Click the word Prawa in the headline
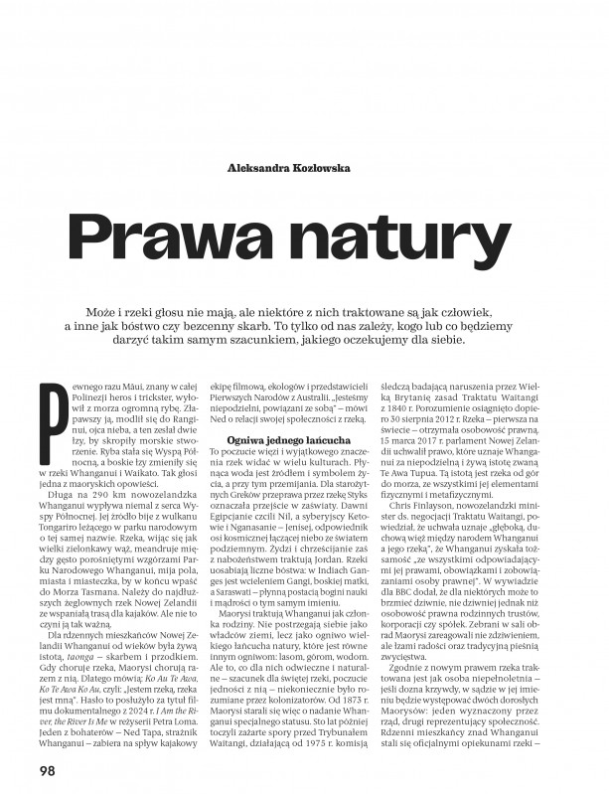[x=183, y=237]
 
